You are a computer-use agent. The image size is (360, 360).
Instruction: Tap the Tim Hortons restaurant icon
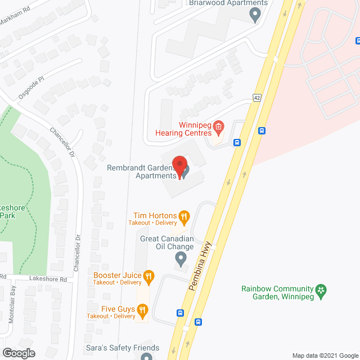click(183, 215)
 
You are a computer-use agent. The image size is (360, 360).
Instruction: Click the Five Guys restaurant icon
click(142, 309)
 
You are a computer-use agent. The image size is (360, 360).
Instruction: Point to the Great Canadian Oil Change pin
click(181, 259)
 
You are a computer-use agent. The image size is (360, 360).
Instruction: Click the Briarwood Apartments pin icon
click(256, 15)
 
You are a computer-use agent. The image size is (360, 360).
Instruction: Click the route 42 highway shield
click(257, 97)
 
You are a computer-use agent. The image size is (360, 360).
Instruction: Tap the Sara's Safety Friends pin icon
click(147, 356)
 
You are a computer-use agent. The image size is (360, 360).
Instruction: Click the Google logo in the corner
click(19, 353)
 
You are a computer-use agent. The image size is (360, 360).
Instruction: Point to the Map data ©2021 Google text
click(325, 355)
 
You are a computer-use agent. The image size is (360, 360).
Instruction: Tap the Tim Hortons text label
click(155, 215)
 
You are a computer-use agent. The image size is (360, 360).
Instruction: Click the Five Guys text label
click(118, 308)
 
